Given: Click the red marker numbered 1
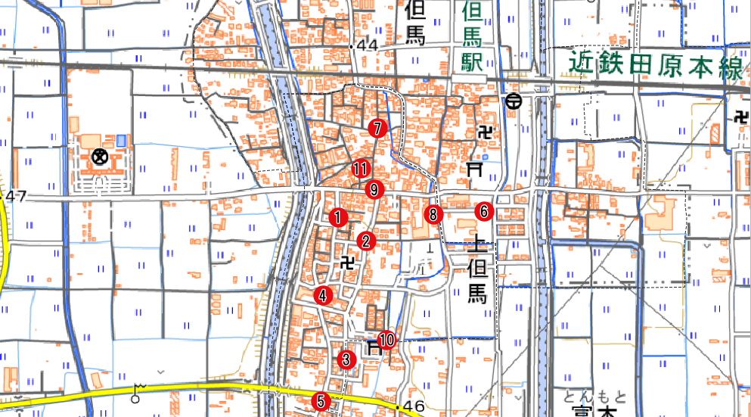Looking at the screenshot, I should point(339,217).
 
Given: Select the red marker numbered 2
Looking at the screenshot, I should point(366,241).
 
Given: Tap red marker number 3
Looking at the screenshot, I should point(346,359).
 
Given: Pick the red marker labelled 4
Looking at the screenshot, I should point(324,296).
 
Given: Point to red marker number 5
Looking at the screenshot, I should point(321,401).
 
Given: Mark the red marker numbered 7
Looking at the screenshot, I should point(377,128).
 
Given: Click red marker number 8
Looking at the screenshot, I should point(433,214).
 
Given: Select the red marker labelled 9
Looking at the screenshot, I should point(374,189).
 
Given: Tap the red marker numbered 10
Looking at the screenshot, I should point(386,340).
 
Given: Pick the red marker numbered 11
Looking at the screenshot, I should point(361,170).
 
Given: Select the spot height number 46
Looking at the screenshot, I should point(414,407).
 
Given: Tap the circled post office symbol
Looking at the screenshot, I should point(514,100).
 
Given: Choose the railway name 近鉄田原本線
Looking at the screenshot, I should point(655,67).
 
